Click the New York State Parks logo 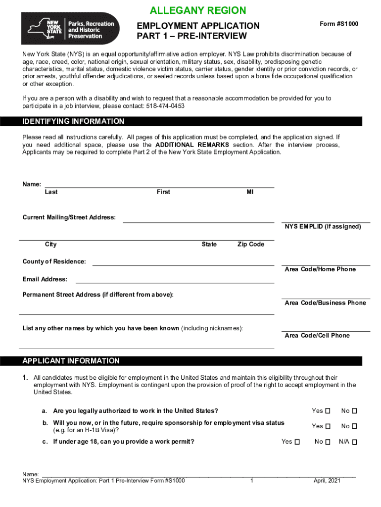click(70, 28)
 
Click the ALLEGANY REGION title click(197, 10)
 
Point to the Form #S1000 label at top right click(339, 24)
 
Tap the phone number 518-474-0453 click(165, 106)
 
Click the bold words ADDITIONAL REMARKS click(192, 145)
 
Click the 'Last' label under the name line click(51, 192)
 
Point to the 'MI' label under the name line click(250, 192)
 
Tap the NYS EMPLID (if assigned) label click(323, 227)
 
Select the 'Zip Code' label click(251, 245)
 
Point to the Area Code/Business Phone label click(325, 303)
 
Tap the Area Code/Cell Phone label click(317, 336)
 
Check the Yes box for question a click(327, 411)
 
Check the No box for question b click(354, 426)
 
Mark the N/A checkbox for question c click(355, 442)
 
